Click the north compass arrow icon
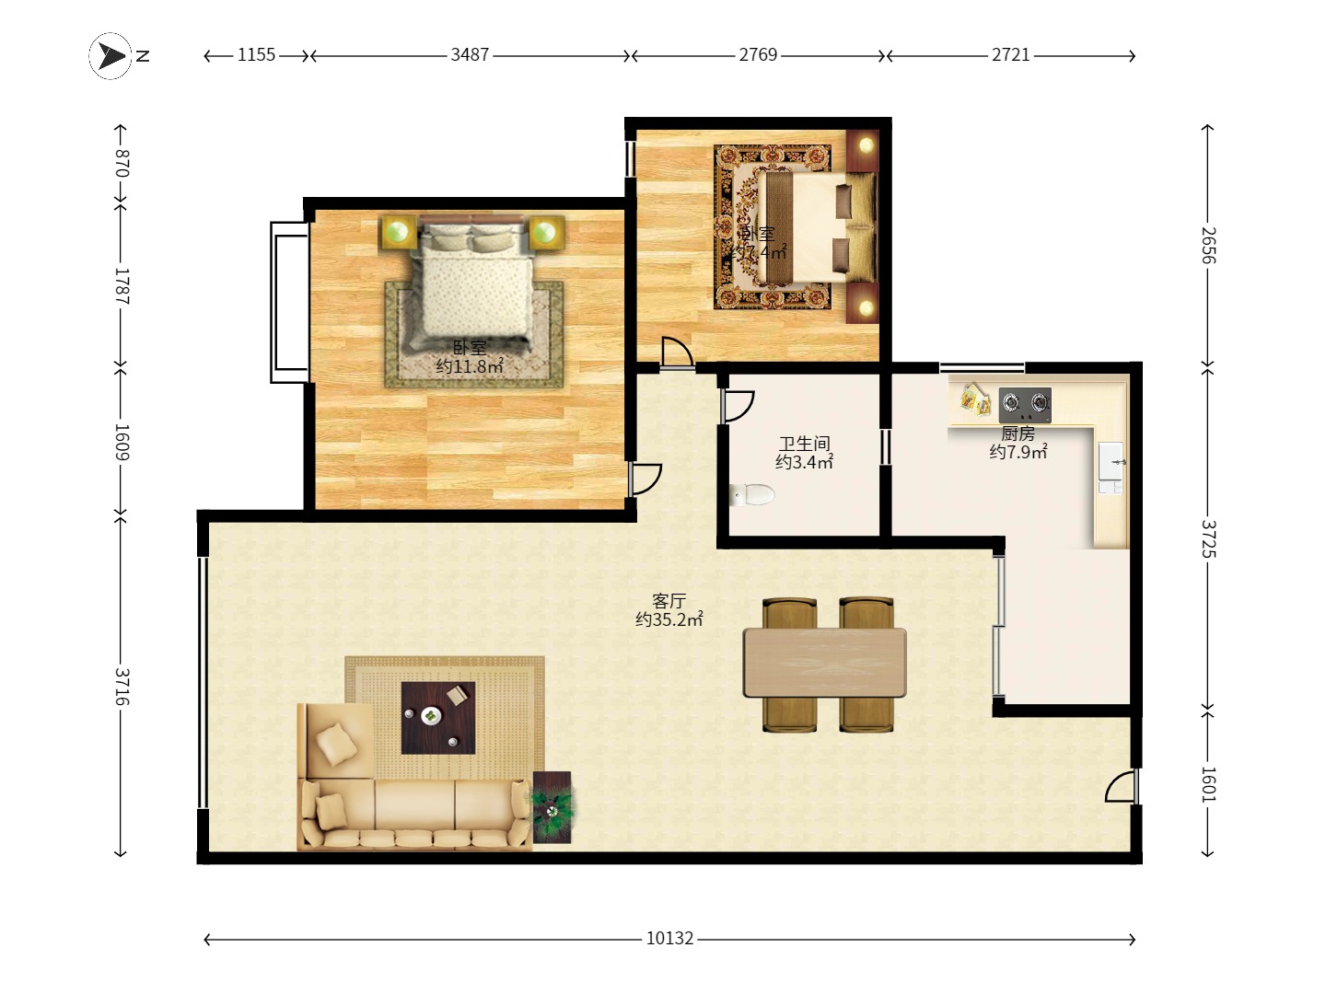112,56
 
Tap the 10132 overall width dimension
669,938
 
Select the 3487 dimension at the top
470,55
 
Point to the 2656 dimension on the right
1208,245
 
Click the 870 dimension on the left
121,163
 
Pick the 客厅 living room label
669,601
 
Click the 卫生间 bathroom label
804,444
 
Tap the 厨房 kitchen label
1018,433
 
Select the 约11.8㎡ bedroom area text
470,366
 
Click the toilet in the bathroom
753,494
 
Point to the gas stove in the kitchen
1025,403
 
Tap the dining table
825,663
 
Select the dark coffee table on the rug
438,718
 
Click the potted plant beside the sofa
552,808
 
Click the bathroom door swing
738,406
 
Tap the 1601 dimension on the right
1208,783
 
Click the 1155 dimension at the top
256,55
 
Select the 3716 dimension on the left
121,687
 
